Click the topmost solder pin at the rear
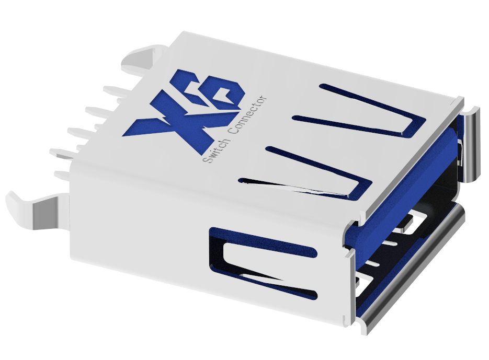[115, 90]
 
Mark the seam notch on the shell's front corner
[347, 253]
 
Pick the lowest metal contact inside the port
[366, 282]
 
